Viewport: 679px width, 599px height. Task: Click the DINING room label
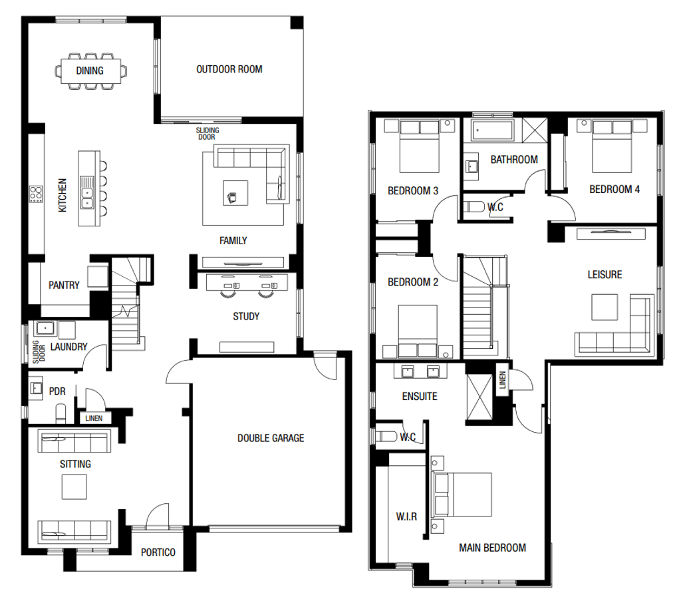coord(90,70)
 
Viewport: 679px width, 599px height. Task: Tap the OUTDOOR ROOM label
coord(229,69)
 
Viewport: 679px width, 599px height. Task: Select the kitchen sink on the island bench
coord(86,192)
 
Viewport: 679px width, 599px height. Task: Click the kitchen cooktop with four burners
coord(36,195)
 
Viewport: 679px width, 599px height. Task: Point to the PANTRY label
coord(64,286)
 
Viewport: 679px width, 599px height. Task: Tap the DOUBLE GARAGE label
coord(271,438)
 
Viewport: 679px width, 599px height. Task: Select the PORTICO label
coord(158,552)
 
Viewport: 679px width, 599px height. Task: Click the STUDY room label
coord(246,316)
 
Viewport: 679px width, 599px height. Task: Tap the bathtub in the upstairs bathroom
coord(493,130)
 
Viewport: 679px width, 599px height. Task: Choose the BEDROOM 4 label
coord(614,189)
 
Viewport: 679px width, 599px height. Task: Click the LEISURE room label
coord(605,274)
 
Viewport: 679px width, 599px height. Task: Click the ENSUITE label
coord(420,397)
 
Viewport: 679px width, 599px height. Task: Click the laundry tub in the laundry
coord(45,328)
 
